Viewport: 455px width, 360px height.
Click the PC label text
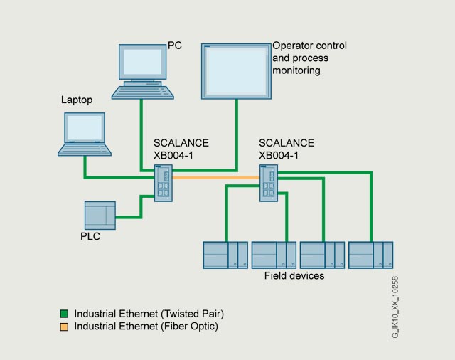point(175,46)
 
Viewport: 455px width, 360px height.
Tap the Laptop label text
point(77,100)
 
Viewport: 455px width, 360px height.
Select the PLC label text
point(90,236)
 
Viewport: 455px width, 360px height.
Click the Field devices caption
point(294,275)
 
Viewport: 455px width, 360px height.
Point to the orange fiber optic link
point(216,178)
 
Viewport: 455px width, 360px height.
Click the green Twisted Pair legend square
point(64,314)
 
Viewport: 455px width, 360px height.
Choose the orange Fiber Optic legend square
point(64,327)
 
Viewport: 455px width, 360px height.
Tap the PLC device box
point(100,216)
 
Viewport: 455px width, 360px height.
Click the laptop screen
point(85,128)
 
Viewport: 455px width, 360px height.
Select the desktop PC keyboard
point(143,92)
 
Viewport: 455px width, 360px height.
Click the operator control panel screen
point(236,71)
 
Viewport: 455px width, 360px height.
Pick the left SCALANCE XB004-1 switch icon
point(164,183)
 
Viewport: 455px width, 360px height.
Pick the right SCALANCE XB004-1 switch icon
point(269,183)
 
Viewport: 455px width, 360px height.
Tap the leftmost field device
point(225,255)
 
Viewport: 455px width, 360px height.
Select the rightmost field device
point(371,255)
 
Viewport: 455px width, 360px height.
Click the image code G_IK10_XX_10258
point(395,307)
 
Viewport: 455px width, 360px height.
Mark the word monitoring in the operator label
point(296,70)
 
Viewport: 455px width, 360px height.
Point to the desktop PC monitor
point(142,62)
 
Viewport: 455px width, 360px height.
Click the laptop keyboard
point(85,150)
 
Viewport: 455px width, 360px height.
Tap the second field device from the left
point(274,255)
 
